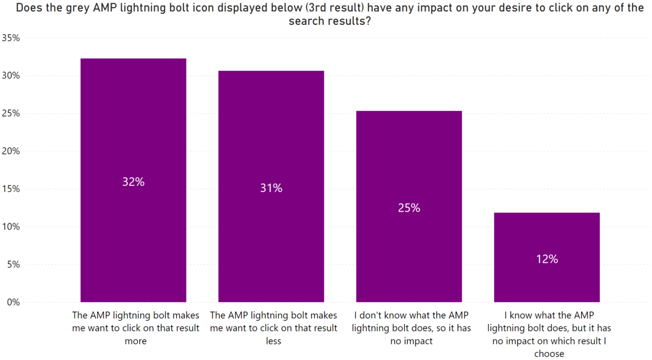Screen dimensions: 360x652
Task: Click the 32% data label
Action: click(x=133, y=182)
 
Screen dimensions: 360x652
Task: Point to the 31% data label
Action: click(x=271, y=188)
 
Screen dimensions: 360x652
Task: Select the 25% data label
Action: click(x=409, y=208)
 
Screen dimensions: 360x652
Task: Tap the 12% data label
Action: click(x=546, y=259)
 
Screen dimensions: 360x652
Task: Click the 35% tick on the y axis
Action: click(x=11, y=38)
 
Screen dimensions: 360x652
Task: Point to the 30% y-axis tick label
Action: click(x=11, y=76)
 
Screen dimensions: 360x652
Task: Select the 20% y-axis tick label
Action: click(x=11, y=151)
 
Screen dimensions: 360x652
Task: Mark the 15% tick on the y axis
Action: click(x=11, y=189)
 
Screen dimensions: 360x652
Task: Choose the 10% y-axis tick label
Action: click(x=11, y=226)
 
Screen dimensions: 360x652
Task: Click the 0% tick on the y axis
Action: click(x=14, y=302)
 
